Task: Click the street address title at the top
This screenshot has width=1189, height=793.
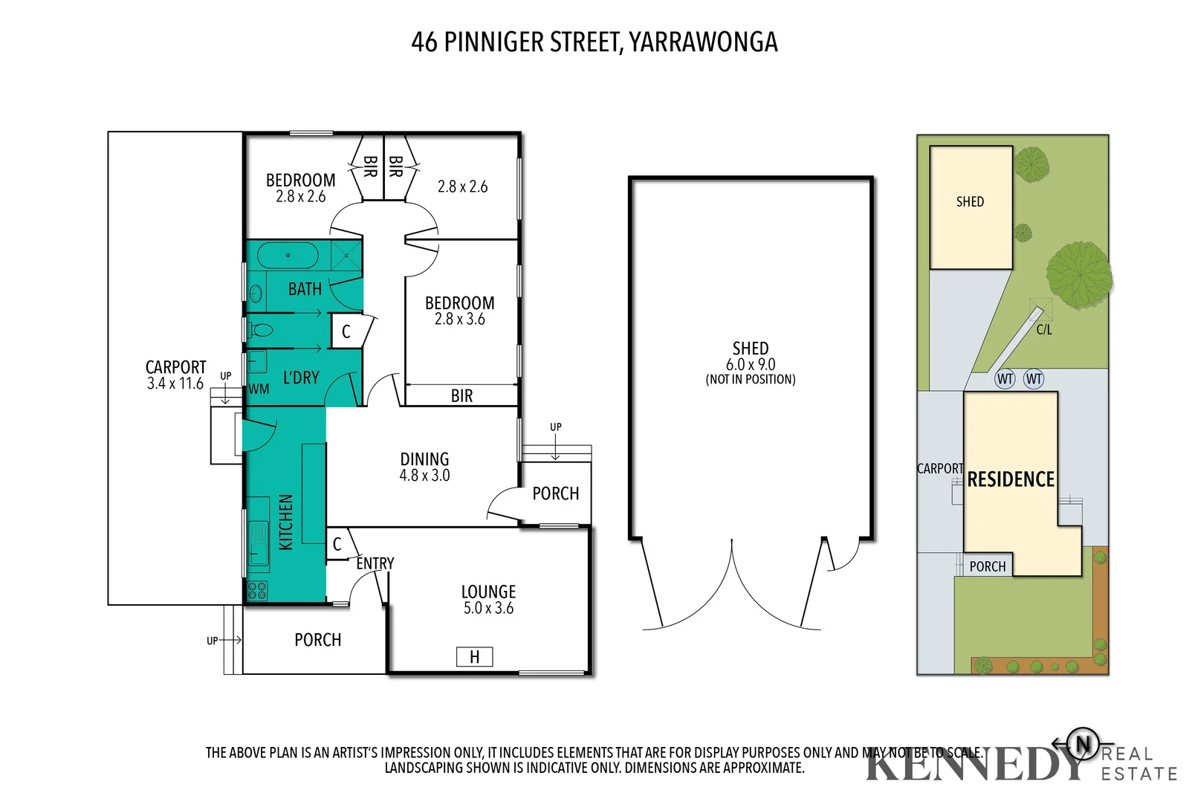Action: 594,42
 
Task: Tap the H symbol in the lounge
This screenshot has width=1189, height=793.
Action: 474,657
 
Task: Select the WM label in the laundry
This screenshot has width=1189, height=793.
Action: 259,389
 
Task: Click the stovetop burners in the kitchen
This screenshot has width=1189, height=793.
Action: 257,591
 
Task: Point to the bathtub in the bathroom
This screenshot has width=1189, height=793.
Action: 288,255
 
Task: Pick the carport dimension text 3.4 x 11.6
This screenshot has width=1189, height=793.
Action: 175,383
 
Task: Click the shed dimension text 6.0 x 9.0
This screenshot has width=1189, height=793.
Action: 751,364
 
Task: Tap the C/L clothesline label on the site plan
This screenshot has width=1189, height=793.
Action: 1044,330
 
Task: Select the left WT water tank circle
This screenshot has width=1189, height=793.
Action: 1005,379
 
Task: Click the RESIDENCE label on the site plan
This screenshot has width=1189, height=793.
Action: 1011,479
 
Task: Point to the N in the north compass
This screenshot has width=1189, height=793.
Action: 1083,743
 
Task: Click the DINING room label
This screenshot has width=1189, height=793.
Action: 424,459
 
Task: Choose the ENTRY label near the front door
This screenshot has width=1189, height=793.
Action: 375,563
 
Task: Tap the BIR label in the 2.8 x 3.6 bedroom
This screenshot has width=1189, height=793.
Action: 461,396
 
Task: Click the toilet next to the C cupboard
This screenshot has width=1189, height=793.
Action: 261,330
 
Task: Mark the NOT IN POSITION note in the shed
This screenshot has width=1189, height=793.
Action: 751,380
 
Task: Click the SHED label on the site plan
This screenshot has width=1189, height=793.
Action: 970,201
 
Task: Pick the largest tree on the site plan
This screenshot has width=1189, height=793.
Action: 1078,274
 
